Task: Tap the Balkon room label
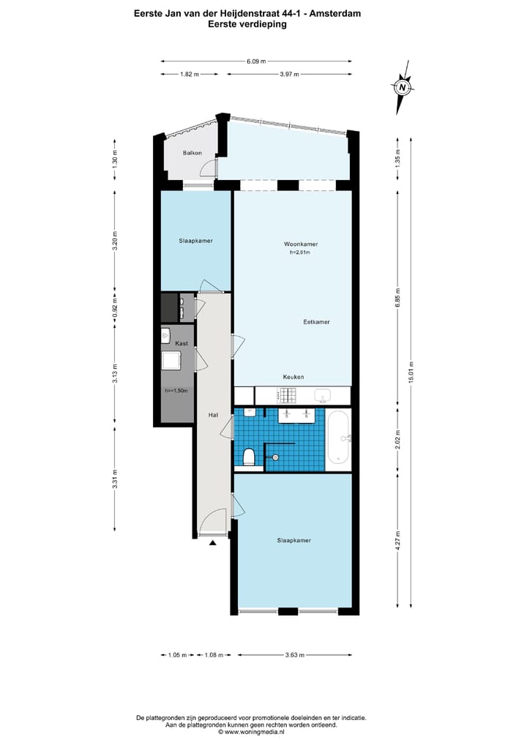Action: point(193,153)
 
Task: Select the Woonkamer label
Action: point(301,244)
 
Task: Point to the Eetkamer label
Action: point(316,322)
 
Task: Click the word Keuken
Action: point(294,377)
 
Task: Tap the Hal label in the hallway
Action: point(213,415)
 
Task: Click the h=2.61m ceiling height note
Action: point(300,253)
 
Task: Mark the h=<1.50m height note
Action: point(176,391)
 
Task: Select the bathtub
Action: point(340,438)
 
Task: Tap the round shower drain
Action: point(275,457)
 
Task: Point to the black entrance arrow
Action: point(213,543)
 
